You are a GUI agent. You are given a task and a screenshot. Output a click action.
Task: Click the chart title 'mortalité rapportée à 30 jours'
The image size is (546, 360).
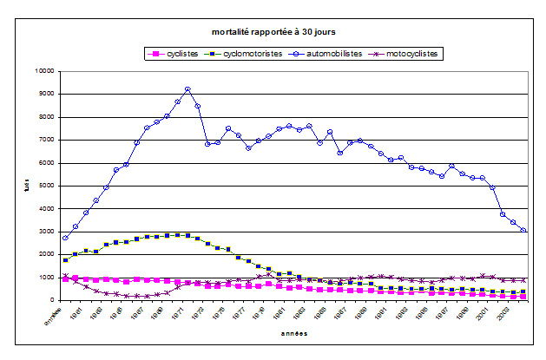click(273, 31)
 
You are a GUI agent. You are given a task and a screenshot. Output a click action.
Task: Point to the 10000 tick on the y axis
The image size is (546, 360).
click(43, 71)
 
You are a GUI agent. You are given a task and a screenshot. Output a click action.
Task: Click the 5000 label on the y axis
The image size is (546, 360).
click(44, 186)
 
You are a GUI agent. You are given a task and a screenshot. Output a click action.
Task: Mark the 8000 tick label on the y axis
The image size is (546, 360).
click(44, 117)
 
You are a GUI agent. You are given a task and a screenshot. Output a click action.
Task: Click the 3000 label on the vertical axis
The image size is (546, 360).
click(44, 232)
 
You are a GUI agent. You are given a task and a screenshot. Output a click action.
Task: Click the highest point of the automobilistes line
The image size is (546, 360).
click(187, 89)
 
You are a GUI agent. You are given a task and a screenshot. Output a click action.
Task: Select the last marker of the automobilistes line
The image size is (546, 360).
click(523, 230)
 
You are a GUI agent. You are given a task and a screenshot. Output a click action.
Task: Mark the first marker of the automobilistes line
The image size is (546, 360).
click(65, 238)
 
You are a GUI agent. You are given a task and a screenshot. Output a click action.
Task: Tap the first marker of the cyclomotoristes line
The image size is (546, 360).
click(65, 260)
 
